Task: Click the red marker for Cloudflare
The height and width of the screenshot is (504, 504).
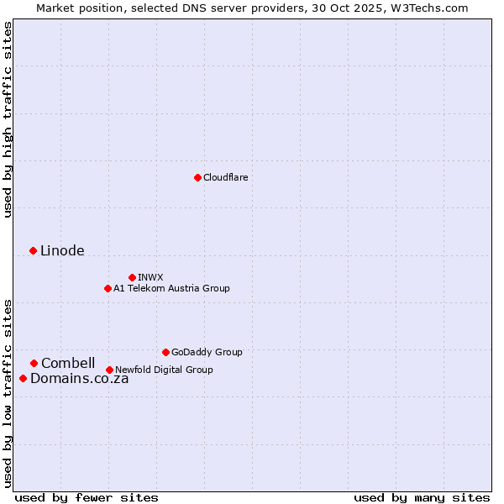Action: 197,177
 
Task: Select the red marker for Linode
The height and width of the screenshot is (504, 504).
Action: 33,250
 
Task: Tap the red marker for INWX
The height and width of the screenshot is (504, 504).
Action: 132,277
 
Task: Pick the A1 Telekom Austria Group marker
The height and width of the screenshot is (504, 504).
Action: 108,288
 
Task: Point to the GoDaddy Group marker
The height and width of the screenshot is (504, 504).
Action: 165,352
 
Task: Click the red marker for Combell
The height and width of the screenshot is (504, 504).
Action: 34,363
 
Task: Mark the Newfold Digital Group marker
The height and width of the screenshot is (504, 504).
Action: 109,370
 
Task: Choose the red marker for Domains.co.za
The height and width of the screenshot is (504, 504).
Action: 23,378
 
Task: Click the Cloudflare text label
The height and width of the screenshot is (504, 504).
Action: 226,177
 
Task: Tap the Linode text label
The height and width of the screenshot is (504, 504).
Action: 62,250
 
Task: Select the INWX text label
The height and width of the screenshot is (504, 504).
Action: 150,277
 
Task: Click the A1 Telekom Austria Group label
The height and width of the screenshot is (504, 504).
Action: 171,288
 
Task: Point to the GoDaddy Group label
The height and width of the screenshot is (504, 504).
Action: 207,352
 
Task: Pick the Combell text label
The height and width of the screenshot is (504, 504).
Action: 68,363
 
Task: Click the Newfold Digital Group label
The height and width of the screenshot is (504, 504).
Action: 164,370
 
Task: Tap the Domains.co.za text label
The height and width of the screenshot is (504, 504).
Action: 79,378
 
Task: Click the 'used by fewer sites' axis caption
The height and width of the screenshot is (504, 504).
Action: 87,497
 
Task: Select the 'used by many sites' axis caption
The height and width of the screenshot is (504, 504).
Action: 422,497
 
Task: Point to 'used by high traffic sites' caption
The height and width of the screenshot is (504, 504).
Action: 8,119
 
